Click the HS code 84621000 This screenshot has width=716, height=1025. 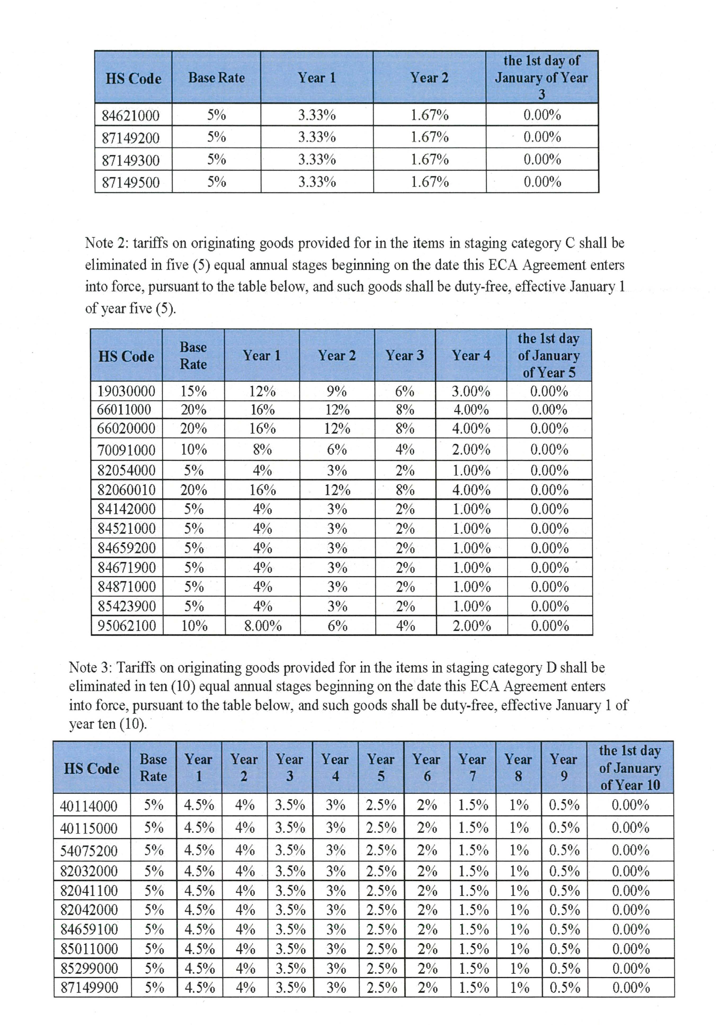130,116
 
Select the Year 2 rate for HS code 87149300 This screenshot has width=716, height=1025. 429,159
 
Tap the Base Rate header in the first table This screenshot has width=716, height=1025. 216,78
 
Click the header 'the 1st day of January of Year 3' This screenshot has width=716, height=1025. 541,77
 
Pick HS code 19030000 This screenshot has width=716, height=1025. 126,392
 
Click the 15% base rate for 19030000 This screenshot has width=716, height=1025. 193,392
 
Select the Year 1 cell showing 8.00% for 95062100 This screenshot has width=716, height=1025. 263,626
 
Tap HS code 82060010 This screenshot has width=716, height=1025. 126,490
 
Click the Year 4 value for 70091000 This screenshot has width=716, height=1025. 471,450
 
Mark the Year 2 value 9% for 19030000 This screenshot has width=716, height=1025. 337,392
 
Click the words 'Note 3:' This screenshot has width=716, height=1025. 91,668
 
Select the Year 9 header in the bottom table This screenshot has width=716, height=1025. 563,768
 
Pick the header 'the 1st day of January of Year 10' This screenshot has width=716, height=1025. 629,768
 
